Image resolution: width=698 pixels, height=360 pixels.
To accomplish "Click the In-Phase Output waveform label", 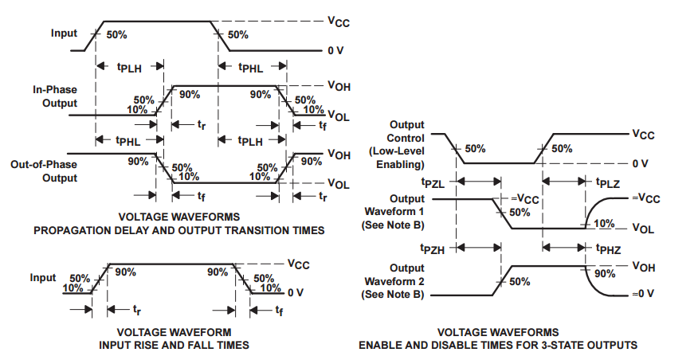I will [54, 96].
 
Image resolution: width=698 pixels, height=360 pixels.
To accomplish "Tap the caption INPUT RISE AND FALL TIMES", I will [174, 345].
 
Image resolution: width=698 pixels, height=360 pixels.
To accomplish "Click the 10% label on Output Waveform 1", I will [604, 224].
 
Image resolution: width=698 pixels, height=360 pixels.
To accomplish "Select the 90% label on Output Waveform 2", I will [604, 273].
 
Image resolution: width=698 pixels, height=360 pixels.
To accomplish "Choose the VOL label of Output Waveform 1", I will [643, 228].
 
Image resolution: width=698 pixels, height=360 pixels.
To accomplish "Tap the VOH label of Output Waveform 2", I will [643, 266].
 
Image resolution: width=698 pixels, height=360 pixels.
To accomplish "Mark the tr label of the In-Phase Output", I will [203, 124].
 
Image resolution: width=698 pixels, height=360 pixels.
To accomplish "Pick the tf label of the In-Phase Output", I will [321, 124].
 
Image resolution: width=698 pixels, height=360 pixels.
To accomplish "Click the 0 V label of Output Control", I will [642, 163].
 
